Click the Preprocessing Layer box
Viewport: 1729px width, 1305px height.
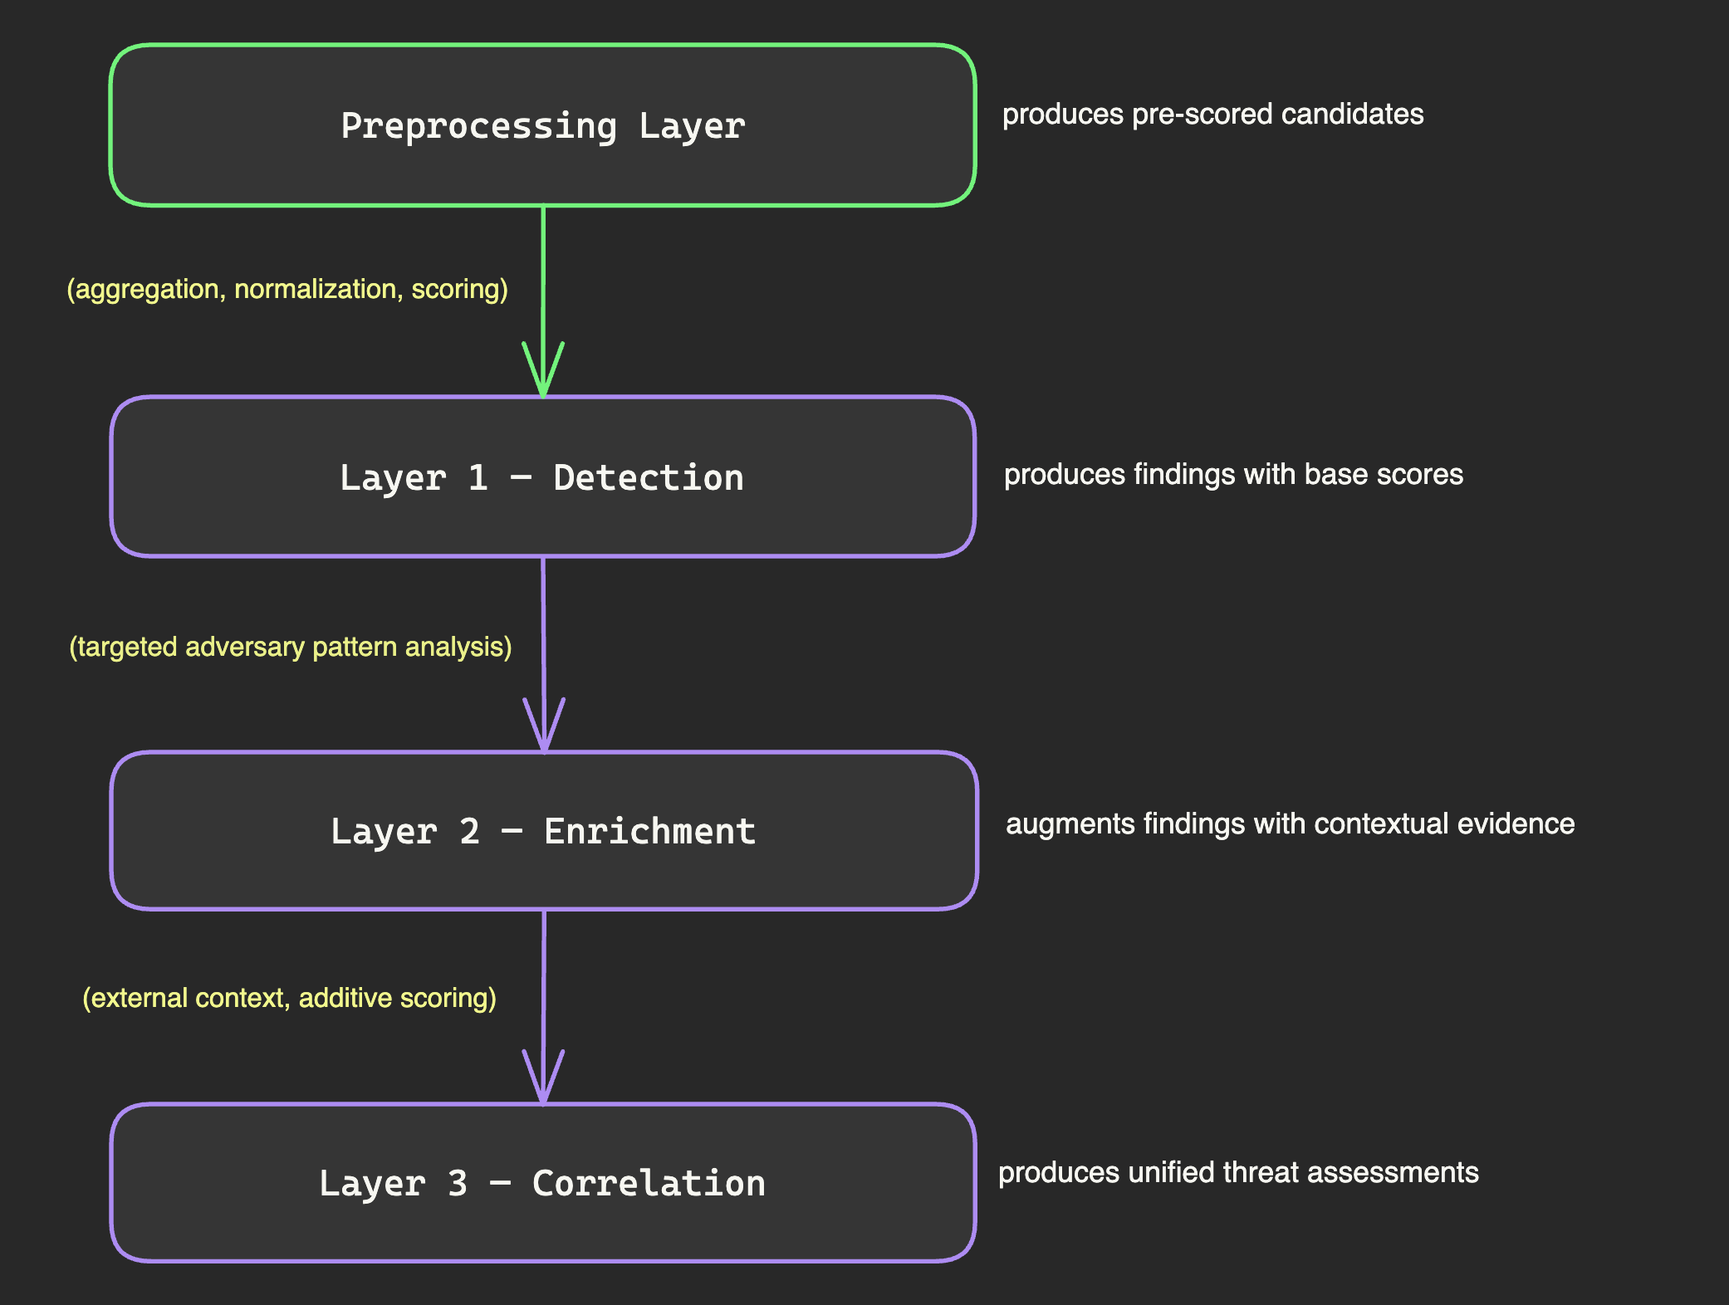pos(542,166)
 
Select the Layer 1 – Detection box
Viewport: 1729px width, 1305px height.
pos(542,519)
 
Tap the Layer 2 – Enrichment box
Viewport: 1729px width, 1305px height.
pos(542,872)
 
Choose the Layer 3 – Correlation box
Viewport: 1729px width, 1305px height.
pos(542,1224)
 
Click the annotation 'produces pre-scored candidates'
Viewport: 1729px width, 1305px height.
pos(1212,114)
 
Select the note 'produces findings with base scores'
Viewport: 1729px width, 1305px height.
pos(1233,474)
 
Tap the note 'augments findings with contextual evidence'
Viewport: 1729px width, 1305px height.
pos(1290,824)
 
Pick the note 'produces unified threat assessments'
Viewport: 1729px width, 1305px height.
pos(1238,1172)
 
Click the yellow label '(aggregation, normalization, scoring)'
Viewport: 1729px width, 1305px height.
pos(287,289)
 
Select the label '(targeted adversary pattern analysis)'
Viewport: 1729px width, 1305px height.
pos(290,647)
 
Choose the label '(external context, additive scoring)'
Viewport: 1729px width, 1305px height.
pos(289,997)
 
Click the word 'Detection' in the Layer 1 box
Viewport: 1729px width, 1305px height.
pos(648,478)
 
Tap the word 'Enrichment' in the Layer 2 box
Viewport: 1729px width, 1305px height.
pos(649,832)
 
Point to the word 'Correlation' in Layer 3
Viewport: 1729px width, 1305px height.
pos(649,1184)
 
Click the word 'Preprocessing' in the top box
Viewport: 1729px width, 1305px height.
pos(479,126)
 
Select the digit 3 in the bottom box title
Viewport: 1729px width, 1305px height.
pos(458,1184)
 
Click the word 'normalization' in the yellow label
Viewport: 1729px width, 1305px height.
pos(316,289)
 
